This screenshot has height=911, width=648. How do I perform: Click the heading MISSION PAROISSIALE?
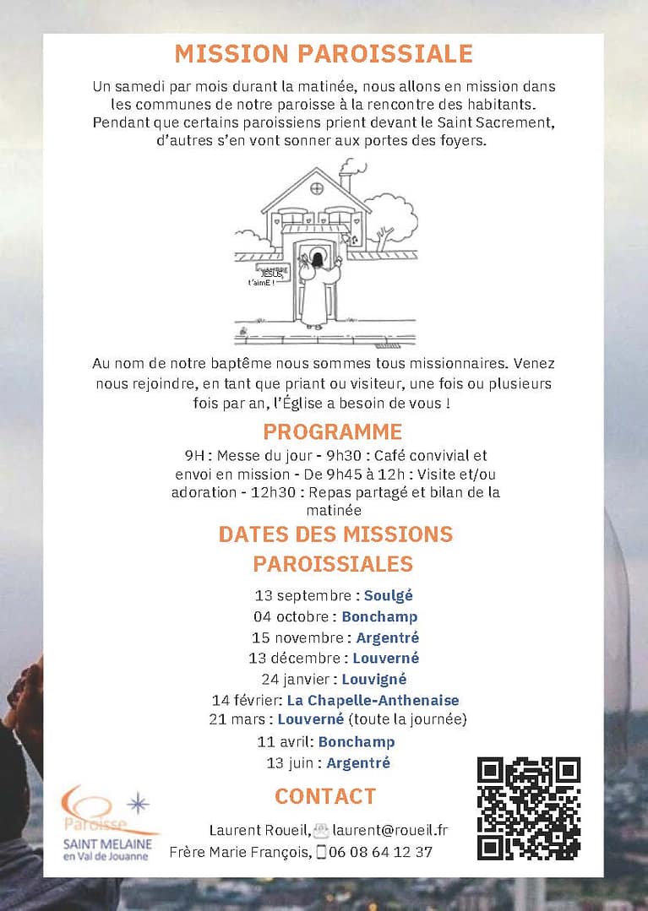[324, 53]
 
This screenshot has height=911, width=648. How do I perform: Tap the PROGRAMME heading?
[332, 431]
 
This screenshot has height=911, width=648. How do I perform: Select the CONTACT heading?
[325, 796]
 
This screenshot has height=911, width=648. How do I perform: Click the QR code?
[529, 808]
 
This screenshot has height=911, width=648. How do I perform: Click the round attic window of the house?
[317, 187]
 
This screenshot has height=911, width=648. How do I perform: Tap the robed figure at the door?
[317, 287]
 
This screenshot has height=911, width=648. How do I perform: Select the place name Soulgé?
[389, 595]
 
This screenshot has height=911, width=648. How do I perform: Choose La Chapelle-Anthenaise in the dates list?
[373, 700]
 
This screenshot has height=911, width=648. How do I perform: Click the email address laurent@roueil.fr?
[390, 830]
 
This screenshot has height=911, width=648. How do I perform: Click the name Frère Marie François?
[240, 852]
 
